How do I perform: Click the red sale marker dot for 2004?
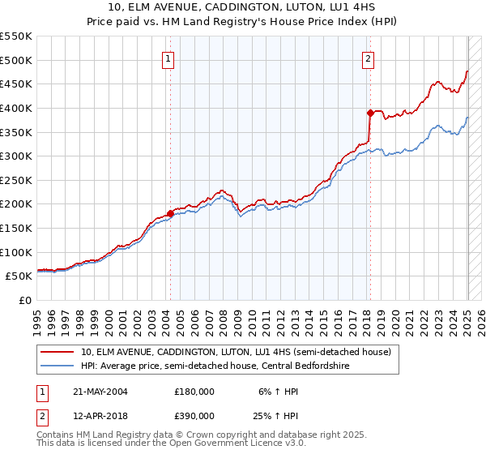(x=170, y=213)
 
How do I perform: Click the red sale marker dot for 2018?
(x=369, y=113)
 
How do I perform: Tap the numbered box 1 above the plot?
(x=168, y=58)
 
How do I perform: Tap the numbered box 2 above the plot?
(x=368, y=58)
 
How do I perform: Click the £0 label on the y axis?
(x=25, y=301)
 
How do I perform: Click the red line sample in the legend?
(x=58, y=352)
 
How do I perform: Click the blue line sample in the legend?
(x=58, y=365)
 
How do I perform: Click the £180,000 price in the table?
(x=194, y=392)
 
